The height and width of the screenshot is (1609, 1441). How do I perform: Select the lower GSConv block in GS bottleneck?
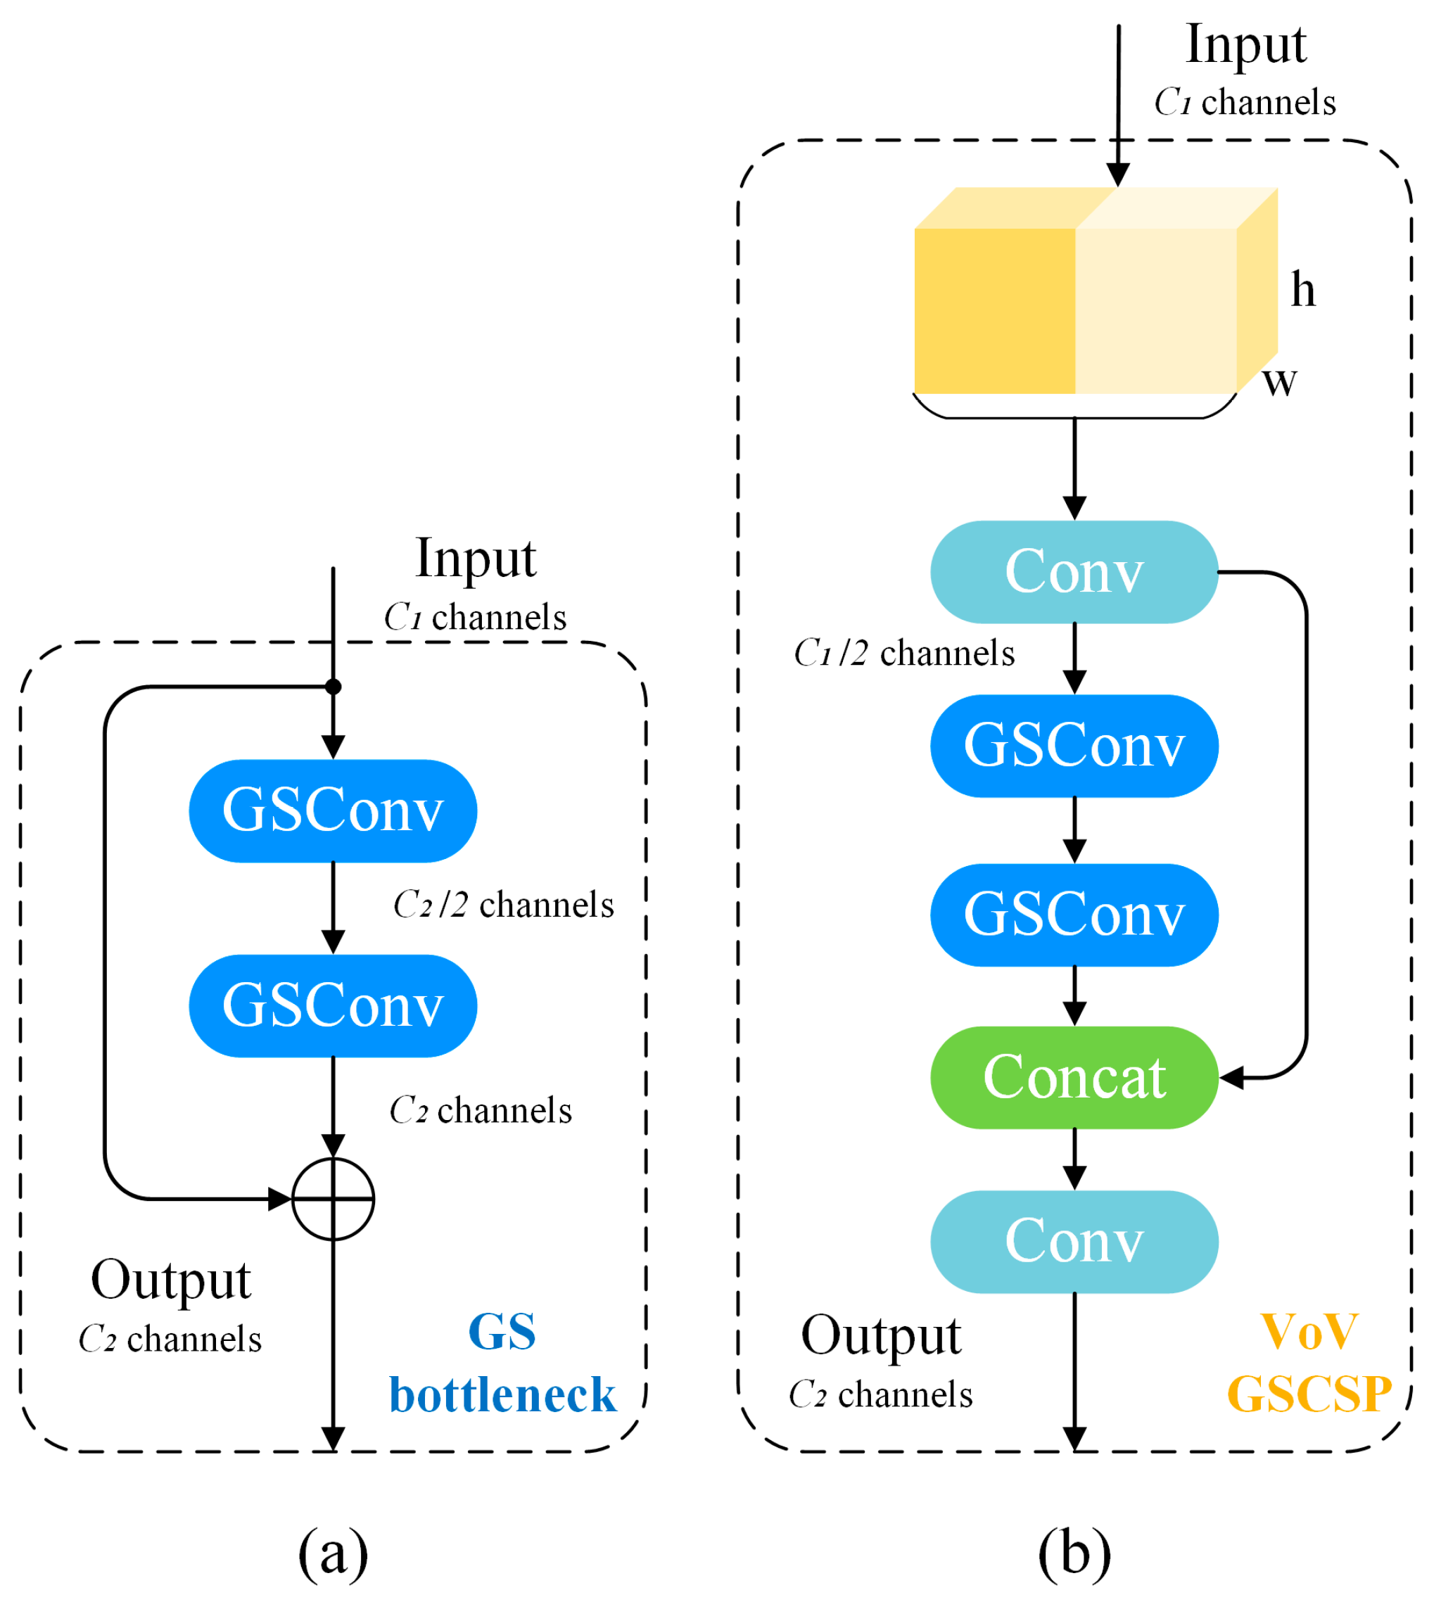[x=333, y=1005]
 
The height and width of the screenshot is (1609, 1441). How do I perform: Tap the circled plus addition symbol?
[x=333, y=1199]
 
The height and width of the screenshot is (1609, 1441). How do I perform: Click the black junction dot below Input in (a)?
[x=334, y=687]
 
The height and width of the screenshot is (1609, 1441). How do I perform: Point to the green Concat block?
[x=1074, y=1077]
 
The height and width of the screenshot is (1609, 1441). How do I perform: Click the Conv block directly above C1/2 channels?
[x=1074, y=572]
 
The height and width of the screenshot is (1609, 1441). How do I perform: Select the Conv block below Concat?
[x=1074, y=1241]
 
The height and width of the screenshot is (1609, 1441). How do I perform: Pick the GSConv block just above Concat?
[x=1074, y=915]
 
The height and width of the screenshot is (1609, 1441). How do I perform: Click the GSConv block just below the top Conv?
[x=1074, y=746]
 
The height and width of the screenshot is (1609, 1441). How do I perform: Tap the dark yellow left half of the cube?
[x=994, y=310]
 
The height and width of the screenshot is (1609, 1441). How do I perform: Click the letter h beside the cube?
[x=1302, y=289]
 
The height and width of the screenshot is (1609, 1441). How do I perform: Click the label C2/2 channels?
[x=504, y=904]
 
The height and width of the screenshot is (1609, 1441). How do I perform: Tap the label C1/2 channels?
[x=903, y=654]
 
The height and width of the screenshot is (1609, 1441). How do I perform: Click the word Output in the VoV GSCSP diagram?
[x=880, y=1335]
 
